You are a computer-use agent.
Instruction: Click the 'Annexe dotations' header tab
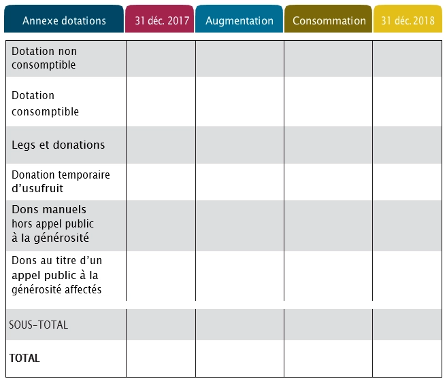[64, 20]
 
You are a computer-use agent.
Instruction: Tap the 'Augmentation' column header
[239, 20]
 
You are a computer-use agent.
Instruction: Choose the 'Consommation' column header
[329, 20]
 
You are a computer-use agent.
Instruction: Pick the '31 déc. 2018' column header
[408, 20]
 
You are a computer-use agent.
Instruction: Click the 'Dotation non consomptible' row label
[44, 58]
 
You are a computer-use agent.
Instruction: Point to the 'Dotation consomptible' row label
[45, 103]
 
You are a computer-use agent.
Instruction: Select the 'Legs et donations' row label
[59, 145]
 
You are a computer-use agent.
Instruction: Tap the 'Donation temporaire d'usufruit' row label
[61, 181]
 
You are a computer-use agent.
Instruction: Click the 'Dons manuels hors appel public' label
[53, 223]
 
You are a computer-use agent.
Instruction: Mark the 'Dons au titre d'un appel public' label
[57, 274]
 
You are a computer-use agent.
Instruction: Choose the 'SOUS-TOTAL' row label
[39, 325]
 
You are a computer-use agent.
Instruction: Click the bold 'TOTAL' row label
[24, 358]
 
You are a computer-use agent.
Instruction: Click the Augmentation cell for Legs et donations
[239, 145]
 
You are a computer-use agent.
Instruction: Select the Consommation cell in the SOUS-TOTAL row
[328, 325]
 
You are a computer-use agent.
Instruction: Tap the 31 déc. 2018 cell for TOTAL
[408, 358]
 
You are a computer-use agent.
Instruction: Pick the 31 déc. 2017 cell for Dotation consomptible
[161, 102]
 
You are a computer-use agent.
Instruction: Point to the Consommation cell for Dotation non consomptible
[328, 58]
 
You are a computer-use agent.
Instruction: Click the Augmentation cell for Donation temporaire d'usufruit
[239, 181]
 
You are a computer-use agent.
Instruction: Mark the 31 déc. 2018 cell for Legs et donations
[408, 145]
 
